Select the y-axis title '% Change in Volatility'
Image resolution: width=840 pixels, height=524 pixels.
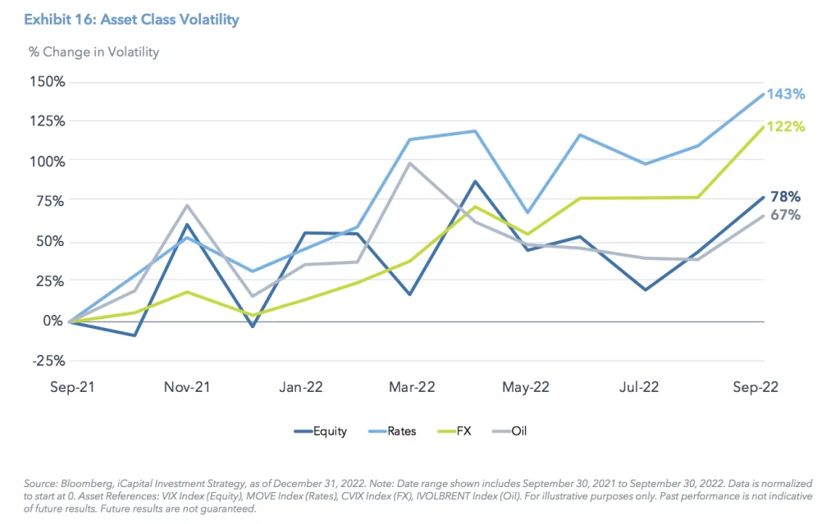point(94,52)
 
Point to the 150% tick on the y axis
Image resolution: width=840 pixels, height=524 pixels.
point(47,81)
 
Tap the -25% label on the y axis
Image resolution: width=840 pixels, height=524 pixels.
point(47,360)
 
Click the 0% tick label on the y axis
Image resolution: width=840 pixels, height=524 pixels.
point(53,321)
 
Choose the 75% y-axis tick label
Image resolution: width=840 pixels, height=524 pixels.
point(50,201)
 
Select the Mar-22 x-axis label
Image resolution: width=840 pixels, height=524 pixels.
point(412,387)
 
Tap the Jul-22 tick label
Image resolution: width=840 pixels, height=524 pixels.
point(637,387)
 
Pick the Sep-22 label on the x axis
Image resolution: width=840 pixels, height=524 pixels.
point(755,387)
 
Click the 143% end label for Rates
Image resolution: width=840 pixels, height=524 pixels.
point(785,94)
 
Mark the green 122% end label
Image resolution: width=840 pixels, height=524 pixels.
point(785,126)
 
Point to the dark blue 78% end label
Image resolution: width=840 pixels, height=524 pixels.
point(785,197)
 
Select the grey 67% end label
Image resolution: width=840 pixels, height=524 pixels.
point(785,215)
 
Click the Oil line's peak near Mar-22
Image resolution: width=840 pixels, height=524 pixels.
point(409,163)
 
